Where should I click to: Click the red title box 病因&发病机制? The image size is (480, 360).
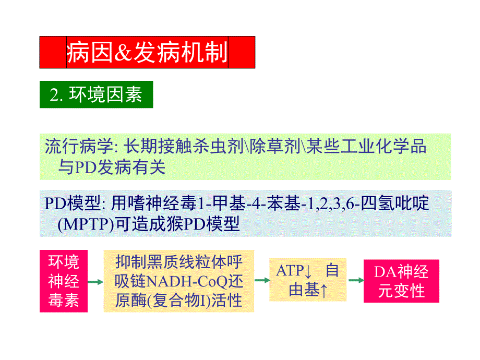click(147, 52)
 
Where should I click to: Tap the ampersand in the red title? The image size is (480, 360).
click(121, 53)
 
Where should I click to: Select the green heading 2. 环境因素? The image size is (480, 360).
click(96, 95)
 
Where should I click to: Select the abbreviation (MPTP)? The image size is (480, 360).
click(87, 224)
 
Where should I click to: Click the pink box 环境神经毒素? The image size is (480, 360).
click(64, 281)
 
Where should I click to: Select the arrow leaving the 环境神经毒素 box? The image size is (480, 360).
click(95, 282)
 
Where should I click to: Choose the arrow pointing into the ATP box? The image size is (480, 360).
click(262, 280)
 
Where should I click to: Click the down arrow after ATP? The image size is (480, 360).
click(308, 271)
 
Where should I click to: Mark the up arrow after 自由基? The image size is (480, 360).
click(325, 291)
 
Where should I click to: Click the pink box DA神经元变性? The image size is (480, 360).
click(402, 281)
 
